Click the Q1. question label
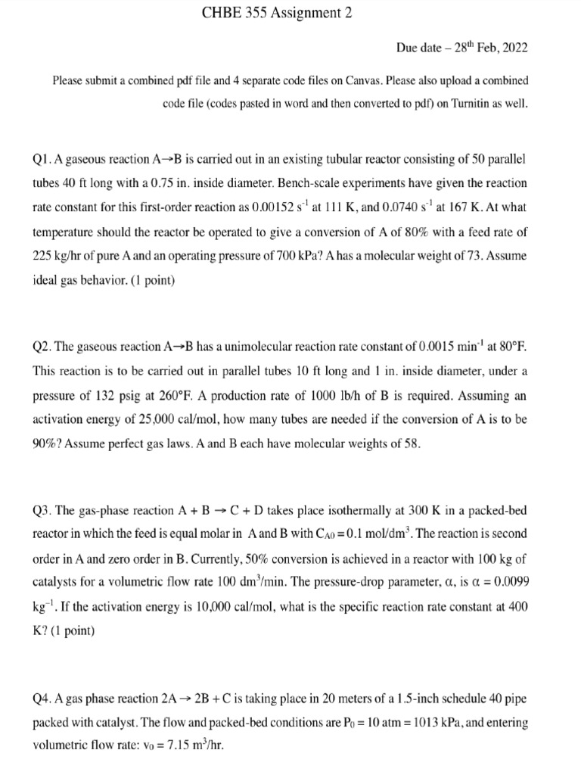tap(43, 160)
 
